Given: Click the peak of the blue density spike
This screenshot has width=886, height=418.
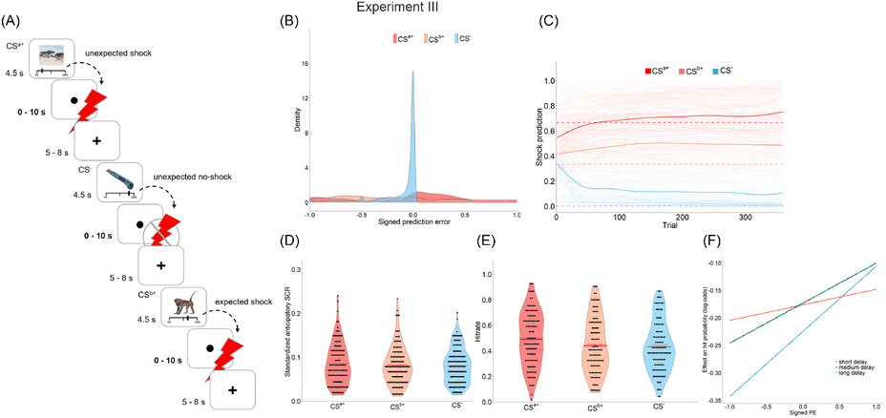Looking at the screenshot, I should tap(412, 73).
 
